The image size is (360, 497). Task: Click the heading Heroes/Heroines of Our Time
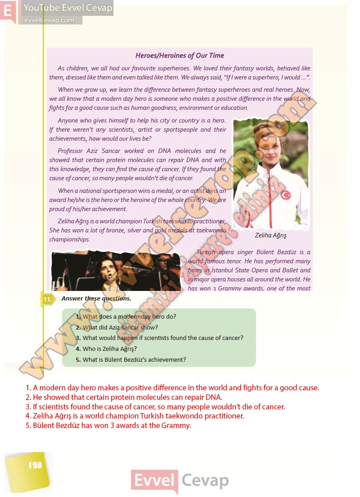(180, 56)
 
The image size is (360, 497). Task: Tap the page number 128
(35, 465)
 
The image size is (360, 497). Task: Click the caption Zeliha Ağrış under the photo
(271, 236)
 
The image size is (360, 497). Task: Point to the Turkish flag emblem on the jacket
(286, 195)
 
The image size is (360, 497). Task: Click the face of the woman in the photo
(266, 140)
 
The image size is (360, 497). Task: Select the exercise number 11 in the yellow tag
(47, 299)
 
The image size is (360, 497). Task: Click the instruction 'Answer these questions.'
(96, 298)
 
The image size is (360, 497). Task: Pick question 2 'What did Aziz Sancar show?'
(120, 327)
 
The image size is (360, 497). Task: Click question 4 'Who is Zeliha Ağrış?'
(109, 349)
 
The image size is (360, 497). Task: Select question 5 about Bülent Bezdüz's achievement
(134, 359)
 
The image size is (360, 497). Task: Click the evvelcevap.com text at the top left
(49, 20)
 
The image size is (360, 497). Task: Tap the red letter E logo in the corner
(8, 11)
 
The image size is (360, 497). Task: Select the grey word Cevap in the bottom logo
(205, 480)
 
